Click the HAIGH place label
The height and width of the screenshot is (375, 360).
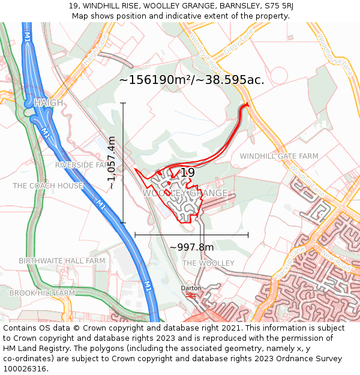[x=49, y=103]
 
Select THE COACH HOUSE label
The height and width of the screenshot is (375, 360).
[x=48, y=186]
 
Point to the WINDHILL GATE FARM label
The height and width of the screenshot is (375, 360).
[x=279, y=156]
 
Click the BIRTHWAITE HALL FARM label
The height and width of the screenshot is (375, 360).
[x=62, y=261]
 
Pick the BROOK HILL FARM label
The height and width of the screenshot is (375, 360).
[x=42, y=293]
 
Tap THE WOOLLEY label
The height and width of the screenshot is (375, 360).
[x=208, y=263]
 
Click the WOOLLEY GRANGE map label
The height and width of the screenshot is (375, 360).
[x=185, y=193]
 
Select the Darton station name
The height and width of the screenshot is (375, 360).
[x=191, y=288]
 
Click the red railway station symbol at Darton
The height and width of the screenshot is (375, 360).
[x=191, y=295]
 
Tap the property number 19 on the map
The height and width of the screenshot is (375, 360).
[x=188, y=173]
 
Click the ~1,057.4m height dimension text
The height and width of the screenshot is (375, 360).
[x=112, y=163]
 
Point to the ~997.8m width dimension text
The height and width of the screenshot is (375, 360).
[x=191, y=247]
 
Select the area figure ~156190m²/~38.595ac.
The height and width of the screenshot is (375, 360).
[x=191, y=80]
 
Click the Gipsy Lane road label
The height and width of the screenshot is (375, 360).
[x=235, y=43]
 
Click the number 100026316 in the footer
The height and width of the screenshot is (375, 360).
[x=24, y=369]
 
